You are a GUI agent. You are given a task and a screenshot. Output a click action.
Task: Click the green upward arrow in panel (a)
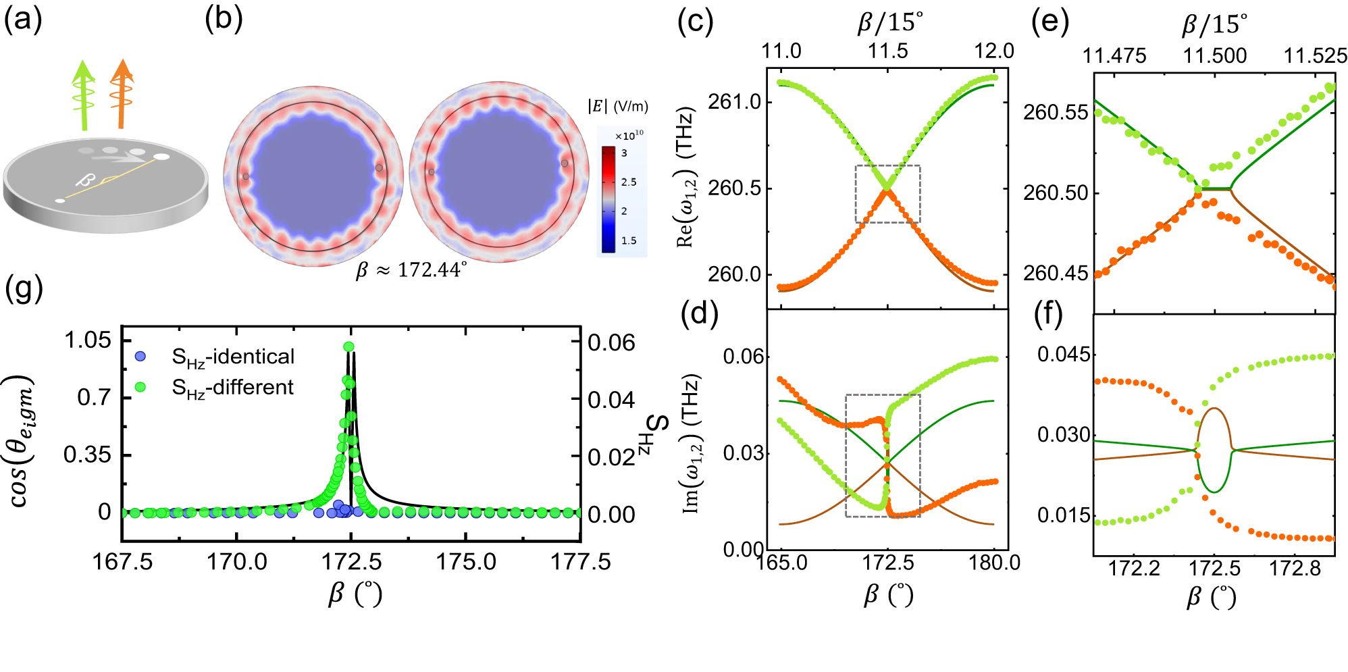[84, 95]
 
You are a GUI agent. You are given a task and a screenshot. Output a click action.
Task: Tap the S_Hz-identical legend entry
[232, 357]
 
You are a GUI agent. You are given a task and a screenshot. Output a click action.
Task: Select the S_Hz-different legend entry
[232, 387]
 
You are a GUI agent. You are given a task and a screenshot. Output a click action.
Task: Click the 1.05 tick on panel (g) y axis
[87, 340]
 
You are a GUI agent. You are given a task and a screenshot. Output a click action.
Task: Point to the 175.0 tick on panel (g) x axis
[466, 561]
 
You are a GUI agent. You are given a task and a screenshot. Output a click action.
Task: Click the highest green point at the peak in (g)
[349, 346]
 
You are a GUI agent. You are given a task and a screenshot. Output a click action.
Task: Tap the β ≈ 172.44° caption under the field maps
[411, 270]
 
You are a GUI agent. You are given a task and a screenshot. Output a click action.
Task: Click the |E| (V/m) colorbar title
[617, 106]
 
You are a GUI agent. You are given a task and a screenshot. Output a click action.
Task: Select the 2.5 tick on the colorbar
[629, 182]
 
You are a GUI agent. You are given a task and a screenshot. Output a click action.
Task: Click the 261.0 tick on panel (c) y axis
[734, 102]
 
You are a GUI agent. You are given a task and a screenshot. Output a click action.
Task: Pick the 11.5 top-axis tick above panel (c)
[887, 51]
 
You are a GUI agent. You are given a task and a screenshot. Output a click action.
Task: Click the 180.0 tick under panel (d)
[993, 563]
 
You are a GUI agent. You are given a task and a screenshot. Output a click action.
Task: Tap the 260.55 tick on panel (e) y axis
[1056, 112]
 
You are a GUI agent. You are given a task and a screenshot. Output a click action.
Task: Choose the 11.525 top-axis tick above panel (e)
[1315, 55]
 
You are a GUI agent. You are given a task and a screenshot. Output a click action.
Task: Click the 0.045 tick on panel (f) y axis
[1064, 355]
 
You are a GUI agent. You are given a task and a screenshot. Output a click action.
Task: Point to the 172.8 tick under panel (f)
[1295, 569]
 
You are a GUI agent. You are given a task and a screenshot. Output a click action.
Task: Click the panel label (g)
[24, 288]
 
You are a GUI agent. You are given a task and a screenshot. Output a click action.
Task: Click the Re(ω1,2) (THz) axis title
[686, 177]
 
